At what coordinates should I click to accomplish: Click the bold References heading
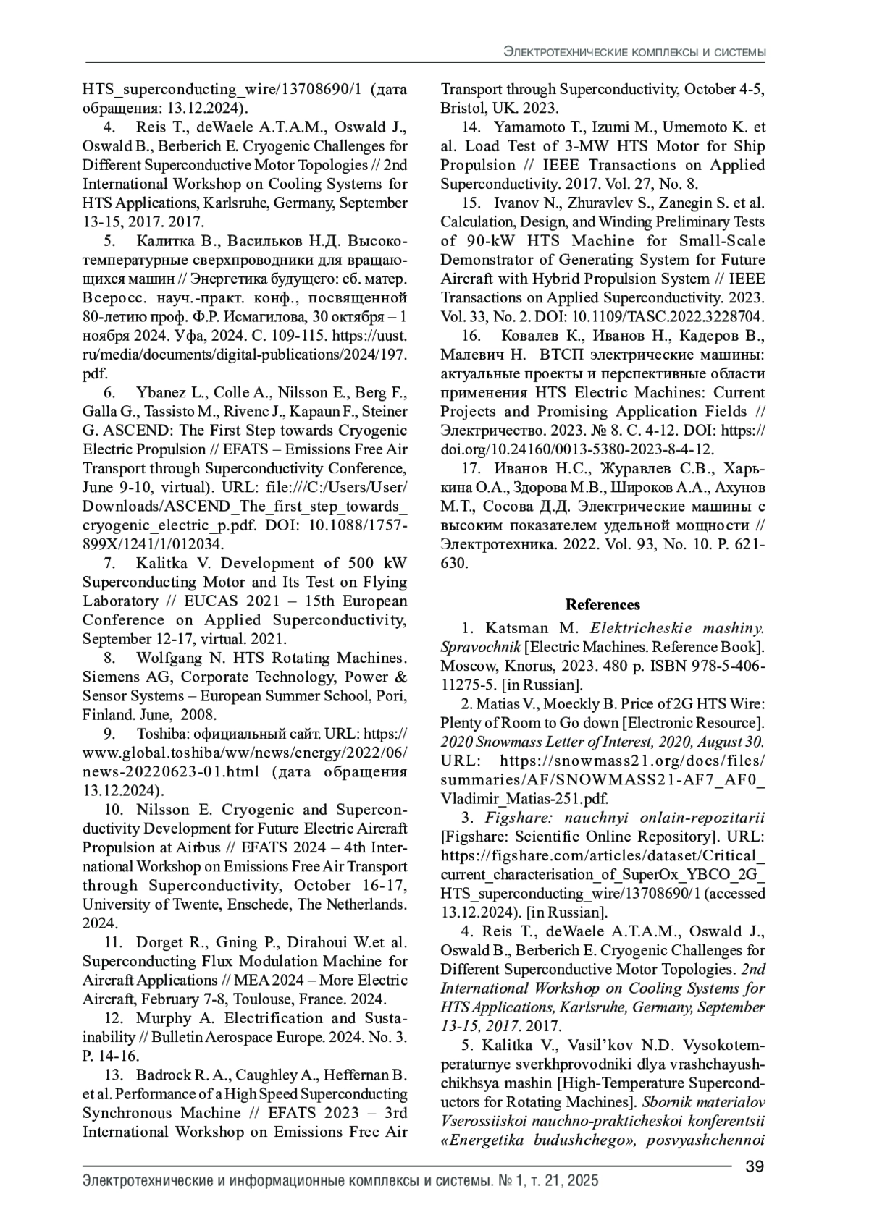(x=603, y=604)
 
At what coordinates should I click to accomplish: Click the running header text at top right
(x=635, y=53)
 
